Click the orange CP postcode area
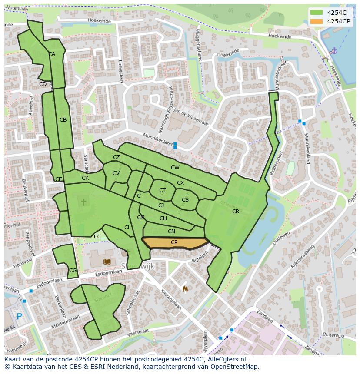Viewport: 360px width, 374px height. (174, 243)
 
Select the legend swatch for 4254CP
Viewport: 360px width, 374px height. (317, 21)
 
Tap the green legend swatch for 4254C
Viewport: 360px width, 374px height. (317, 13)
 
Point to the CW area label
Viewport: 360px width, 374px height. (175, 168)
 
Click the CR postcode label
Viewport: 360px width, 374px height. (236, 212)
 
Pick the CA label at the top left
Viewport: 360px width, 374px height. (52, 55)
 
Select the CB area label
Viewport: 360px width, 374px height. (63, 120)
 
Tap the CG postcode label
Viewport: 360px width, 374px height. (73, 271)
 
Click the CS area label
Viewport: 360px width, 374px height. (185, 200)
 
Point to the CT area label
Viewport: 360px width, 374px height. (162, 190)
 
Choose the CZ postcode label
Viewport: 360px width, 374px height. (117, 157)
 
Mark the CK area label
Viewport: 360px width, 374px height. (85, 178)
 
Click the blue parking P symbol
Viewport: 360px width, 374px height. (19, 317)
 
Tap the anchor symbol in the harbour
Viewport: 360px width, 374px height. (333, 51)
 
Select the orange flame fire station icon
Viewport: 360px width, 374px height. (185, 288)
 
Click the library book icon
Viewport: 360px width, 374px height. (107, 261)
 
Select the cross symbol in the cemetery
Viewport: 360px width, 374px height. (83, 202)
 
